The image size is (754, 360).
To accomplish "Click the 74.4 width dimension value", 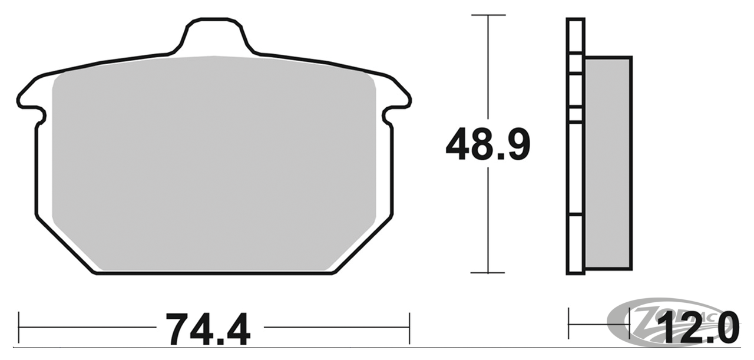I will [208, 329].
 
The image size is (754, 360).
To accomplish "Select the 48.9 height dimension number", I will [488, 144].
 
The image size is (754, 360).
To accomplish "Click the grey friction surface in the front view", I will [214, 165].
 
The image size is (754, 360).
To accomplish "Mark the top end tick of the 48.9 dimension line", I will [488, 15].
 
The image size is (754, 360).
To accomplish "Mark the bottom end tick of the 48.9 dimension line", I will [488, 273].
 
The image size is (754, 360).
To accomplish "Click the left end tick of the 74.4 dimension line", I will [19, 327].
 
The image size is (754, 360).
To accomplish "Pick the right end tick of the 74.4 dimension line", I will [409, 327].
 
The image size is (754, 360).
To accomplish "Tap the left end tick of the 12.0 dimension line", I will [568, 323].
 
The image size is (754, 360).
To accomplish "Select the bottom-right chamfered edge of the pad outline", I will [363, 245].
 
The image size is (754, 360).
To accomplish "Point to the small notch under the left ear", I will [41, 118].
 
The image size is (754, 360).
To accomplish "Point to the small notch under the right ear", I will [387, 118].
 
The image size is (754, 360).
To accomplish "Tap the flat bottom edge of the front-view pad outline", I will [214, 273].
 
